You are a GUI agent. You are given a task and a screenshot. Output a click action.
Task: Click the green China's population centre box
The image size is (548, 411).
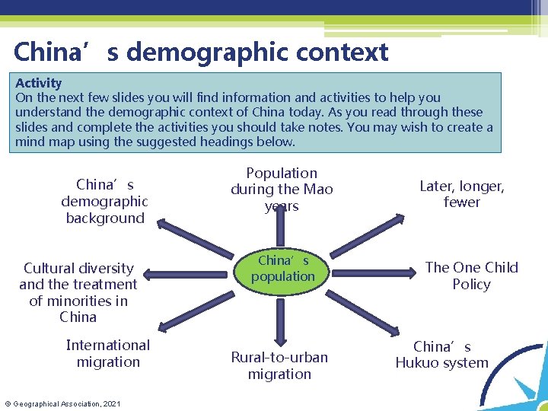click(282, 269)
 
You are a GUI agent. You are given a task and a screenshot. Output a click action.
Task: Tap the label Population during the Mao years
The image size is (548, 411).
click(282, 190)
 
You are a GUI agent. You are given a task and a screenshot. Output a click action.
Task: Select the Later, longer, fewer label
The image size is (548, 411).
click(462, 194)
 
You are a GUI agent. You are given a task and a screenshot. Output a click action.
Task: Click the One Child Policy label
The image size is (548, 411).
click(471, 276)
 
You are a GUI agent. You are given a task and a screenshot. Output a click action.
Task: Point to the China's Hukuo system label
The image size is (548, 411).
click(442, 355)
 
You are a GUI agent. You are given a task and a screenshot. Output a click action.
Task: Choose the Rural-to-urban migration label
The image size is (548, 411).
click(279, 365)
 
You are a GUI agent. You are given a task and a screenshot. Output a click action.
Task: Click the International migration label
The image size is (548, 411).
click(108, 353)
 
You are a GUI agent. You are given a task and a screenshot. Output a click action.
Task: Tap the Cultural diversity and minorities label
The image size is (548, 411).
click(78, 292)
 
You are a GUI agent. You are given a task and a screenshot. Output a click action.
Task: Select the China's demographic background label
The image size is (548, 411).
click(105, 202)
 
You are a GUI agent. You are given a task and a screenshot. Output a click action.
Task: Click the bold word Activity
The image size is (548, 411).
click(39, 83)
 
